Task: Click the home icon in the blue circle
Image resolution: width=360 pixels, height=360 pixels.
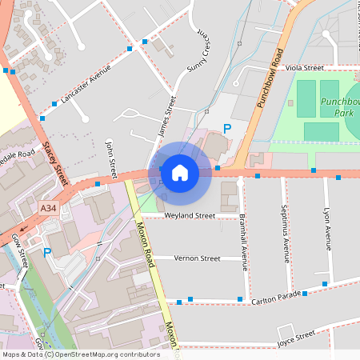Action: (180, 172)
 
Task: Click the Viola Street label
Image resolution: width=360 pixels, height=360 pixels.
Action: (304, 69)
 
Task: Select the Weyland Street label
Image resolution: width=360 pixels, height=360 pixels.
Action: (190, 216)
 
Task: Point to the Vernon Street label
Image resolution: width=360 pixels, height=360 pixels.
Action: (198, 258)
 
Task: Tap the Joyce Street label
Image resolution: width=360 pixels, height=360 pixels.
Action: (295, 338)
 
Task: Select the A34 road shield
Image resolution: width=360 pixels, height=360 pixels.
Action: (49, 208)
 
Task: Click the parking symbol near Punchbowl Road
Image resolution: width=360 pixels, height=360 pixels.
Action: (227, 128)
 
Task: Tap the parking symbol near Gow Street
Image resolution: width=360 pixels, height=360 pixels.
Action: (47, 252)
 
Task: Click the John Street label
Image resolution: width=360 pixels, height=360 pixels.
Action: (112, 158)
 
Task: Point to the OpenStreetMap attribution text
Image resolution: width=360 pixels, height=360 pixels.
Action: (81, 354)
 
